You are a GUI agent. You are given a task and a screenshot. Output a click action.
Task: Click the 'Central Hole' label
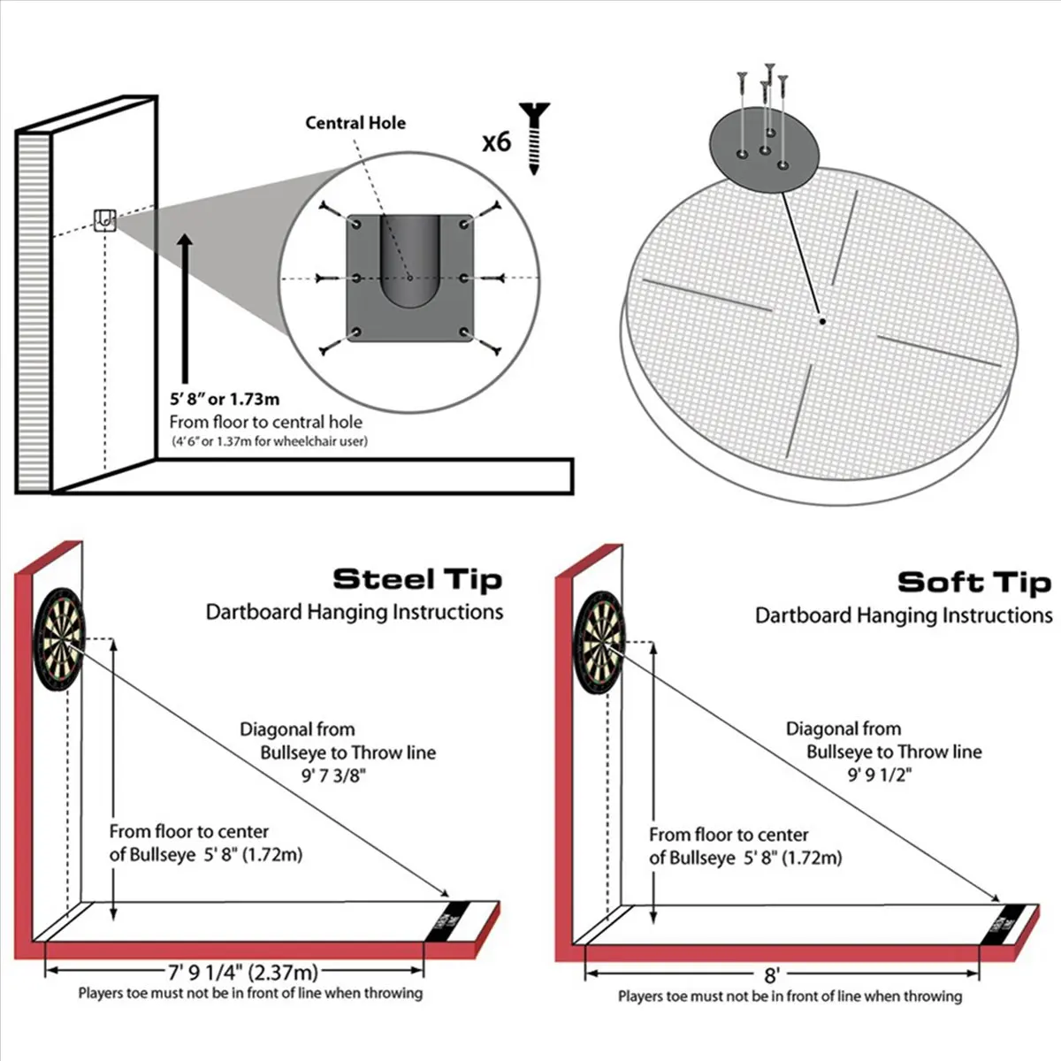pyautogui.click(x=355, y=123)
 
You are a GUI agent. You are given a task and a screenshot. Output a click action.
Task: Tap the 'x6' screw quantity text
pyautogui.click(x=496, y=142)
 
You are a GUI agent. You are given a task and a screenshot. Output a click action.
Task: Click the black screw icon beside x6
pyautogui.click(x=534, y=138)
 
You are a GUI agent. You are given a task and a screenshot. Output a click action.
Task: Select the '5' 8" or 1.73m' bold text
pyautogui.click(x=225, y=400)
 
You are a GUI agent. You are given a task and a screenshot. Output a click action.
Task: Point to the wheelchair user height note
pyautogui.click(x=269, y=441)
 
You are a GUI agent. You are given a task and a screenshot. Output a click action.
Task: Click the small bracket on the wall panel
pyautogui.click(x=104, y=219)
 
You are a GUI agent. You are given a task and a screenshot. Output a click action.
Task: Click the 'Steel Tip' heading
pyautogui.click(x=417, y=580)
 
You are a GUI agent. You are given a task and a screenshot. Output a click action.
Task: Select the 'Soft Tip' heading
pyautogui.click(x=974, y=583)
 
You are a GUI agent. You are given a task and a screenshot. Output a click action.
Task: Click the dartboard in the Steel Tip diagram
pyautogui.click(x=59, y=639)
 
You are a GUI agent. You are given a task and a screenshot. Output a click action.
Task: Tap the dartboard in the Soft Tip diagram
pyautogui.click(x=599, y=642)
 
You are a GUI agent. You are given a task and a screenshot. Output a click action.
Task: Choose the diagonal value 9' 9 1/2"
pyautogui.click(x=879, y=775)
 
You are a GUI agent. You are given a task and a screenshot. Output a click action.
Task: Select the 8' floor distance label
pyautogui.click(x=772, y=975)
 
